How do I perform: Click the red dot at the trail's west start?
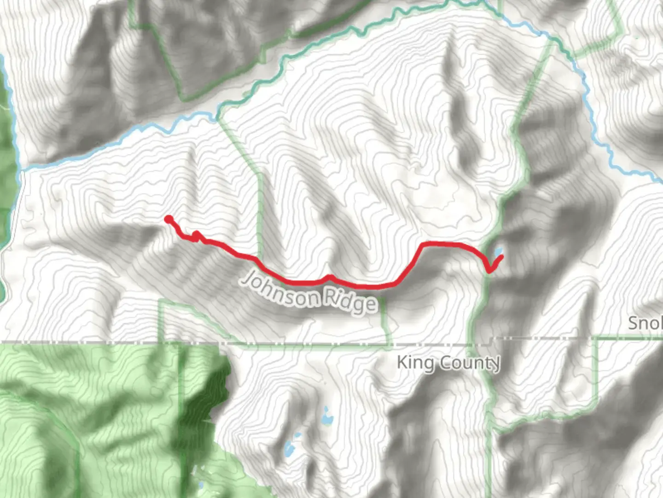tap(169, 219)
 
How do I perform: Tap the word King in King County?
tap(415, 363)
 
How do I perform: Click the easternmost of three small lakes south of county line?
tap(327, 417)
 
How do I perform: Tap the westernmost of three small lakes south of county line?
tap(289, 448)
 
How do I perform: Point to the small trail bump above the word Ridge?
tap(329, 277)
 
